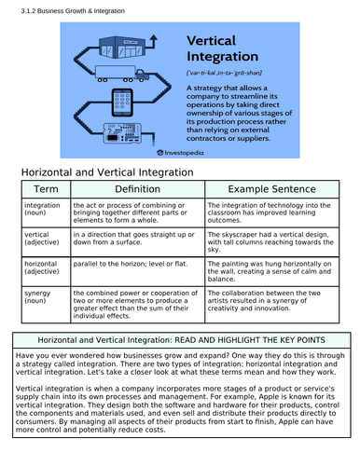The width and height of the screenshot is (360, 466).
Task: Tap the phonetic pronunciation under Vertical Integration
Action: click(224, 71)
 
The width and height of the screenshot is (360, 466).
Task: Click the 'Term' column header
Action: click(46, 190)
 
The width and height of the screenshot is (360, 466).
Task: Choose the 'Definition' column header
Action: click(137, 190)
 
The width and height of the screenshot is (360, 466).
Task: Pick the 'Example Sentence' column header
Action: click(270, 190)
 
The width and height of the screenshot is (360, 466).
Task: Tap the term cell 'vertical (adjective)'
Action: click(42, 240)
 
